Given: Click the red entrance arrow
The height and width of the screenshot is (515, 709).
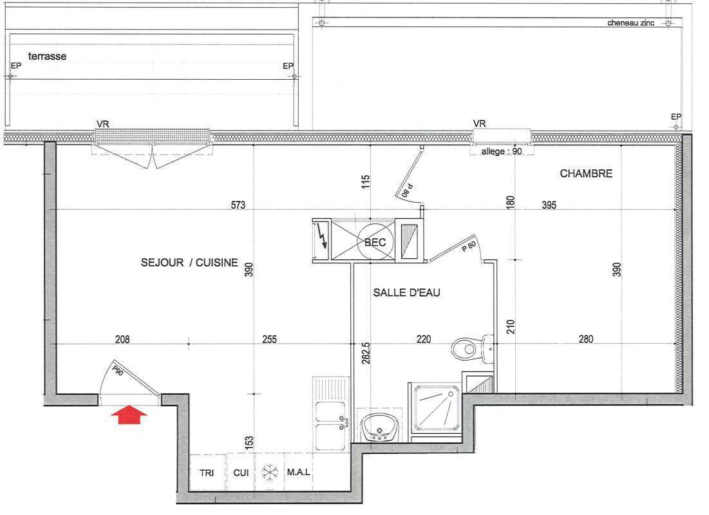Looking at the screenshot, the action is point(129,415).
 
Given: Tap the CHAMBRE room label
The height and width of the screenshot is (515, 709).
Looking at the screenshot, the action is point(586,174).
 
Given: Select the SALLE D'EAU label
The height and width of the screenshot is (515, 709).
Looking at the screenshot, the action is point(406,292).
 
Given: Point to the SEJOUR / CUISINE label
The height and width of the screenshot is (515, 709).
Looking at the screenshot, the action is point(189,263).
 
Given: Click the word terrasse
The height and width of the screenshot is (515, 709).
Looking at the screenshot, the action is point(47,56).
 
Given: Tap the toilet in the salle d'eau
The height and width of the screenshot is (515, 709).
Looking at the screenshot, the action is point(473,349).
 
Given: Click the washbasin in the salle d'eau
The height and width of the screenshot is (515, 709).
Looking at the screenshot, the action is point(379,427).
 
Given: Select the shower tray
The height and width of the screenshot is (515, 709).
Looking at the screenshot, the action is point(437,407).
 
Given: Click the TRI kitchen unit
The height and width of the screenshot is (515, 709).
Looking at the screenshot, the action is point(207,473).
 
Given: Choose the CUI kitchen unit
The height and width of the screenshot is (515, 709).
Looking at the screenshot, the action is point(241,473).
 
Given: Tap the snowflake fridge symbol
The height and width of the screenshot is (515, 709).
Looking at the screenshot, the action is point(269,473).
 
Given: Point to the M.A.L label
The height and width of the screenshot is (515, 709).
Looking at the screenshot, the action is point(298,472).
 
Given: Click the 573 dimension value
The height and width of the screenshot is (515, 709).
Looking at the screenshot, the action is point(238,205).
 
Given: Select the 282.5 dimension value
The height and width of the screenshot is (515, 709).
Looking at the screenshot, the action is point(366,353).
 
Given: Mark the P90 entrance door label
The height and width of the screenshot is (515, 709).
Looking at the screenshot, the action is point(117,371).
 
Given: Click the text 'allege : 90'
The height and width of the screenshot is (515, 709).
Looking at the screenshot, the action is point(501,151).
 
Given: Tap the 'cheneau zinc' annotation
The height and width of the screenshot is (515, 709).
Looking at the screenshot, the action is point(630,23).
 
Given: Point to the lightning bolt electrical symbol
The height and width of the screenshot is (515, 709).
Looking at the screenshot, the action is point(323,236).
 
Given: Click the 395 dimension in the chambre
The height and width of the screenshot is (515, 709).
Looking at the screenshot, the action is point(549,205).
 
